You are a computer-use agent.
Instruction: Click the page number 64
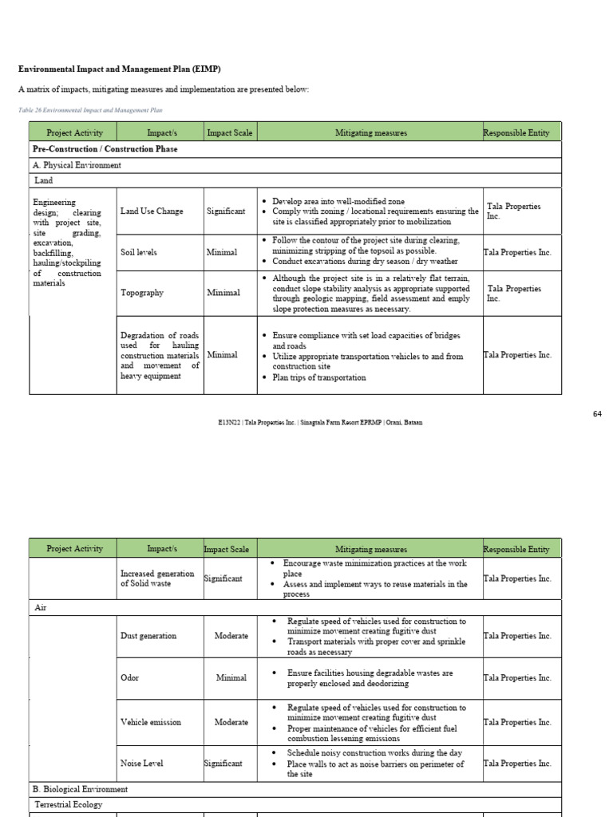597,413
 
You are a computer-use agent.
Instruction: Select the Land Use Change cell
152,211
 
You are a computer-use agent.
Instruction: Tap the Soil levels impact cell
139,252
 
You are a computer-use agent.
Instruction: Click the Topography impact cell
142,293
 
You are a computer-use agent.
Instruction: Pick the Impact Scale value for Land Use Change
226,211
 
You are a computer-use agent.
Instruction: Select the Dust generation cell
148,636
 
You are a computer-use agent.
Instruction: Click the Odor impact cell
129,677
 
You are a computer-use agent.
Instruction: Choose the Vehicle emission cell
151,722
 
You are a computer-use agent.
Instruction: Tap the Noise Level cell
141,764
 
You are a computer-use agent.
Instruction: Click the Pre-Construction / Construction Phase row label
105,149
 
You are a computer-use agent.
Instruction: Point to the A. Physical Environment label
77,165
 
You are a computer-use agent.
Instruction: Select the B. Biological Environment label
80,789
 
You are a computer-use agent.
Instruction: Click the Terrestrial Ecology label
68,805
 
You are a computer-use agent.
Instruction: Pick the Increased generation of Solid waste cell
157,578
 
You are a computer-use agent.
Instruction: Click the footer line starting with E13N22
306,422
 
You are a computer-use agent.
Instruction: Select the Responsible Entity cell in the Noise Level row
517,764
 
